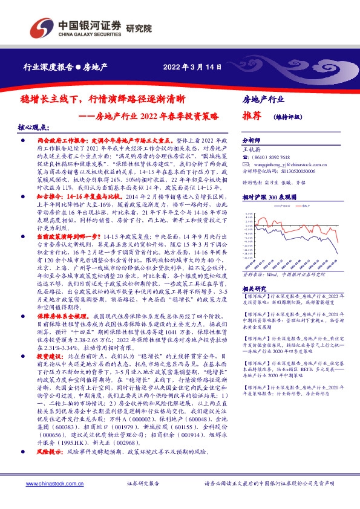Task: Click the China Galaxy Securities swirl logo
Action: point(45,28)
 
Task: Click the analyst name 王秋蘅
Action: point(252,148)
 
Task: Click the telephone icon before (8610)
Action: point(245,155)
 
